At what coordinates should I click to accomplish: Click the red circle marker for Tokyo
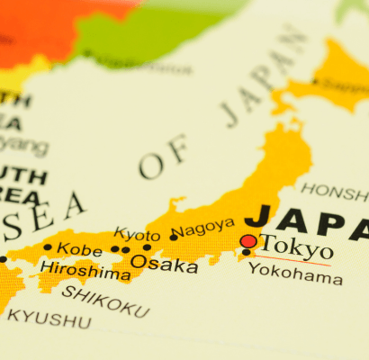click(248, 241)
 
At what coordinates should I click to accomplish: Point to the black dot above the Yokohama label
click(247, 254)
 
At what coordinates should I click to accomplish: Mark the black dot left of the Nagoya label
click(173, 237)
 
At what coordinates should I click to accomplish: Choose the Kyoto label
click(137, 236)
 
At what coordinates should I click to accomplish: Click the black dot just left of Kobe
click(48, 247)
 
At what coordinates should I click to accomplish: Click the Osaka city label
click(164, 265)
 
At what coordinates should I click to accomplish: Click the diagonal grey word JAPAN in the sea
click(260, 81)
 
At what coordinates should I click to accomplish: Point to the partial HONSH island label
click(333, 191)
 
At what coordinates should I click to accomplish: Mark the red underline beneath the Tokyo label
click(293, 262)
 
